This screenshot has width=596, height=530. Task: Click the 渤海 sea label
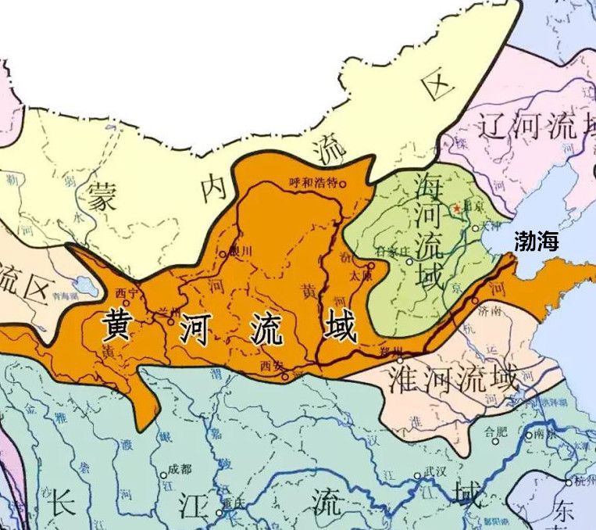pos(537,242)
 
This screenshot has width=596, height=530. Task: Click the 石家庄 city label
pos(394,252)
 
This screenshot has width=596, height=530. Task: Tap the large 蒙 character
pos(102,194)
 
